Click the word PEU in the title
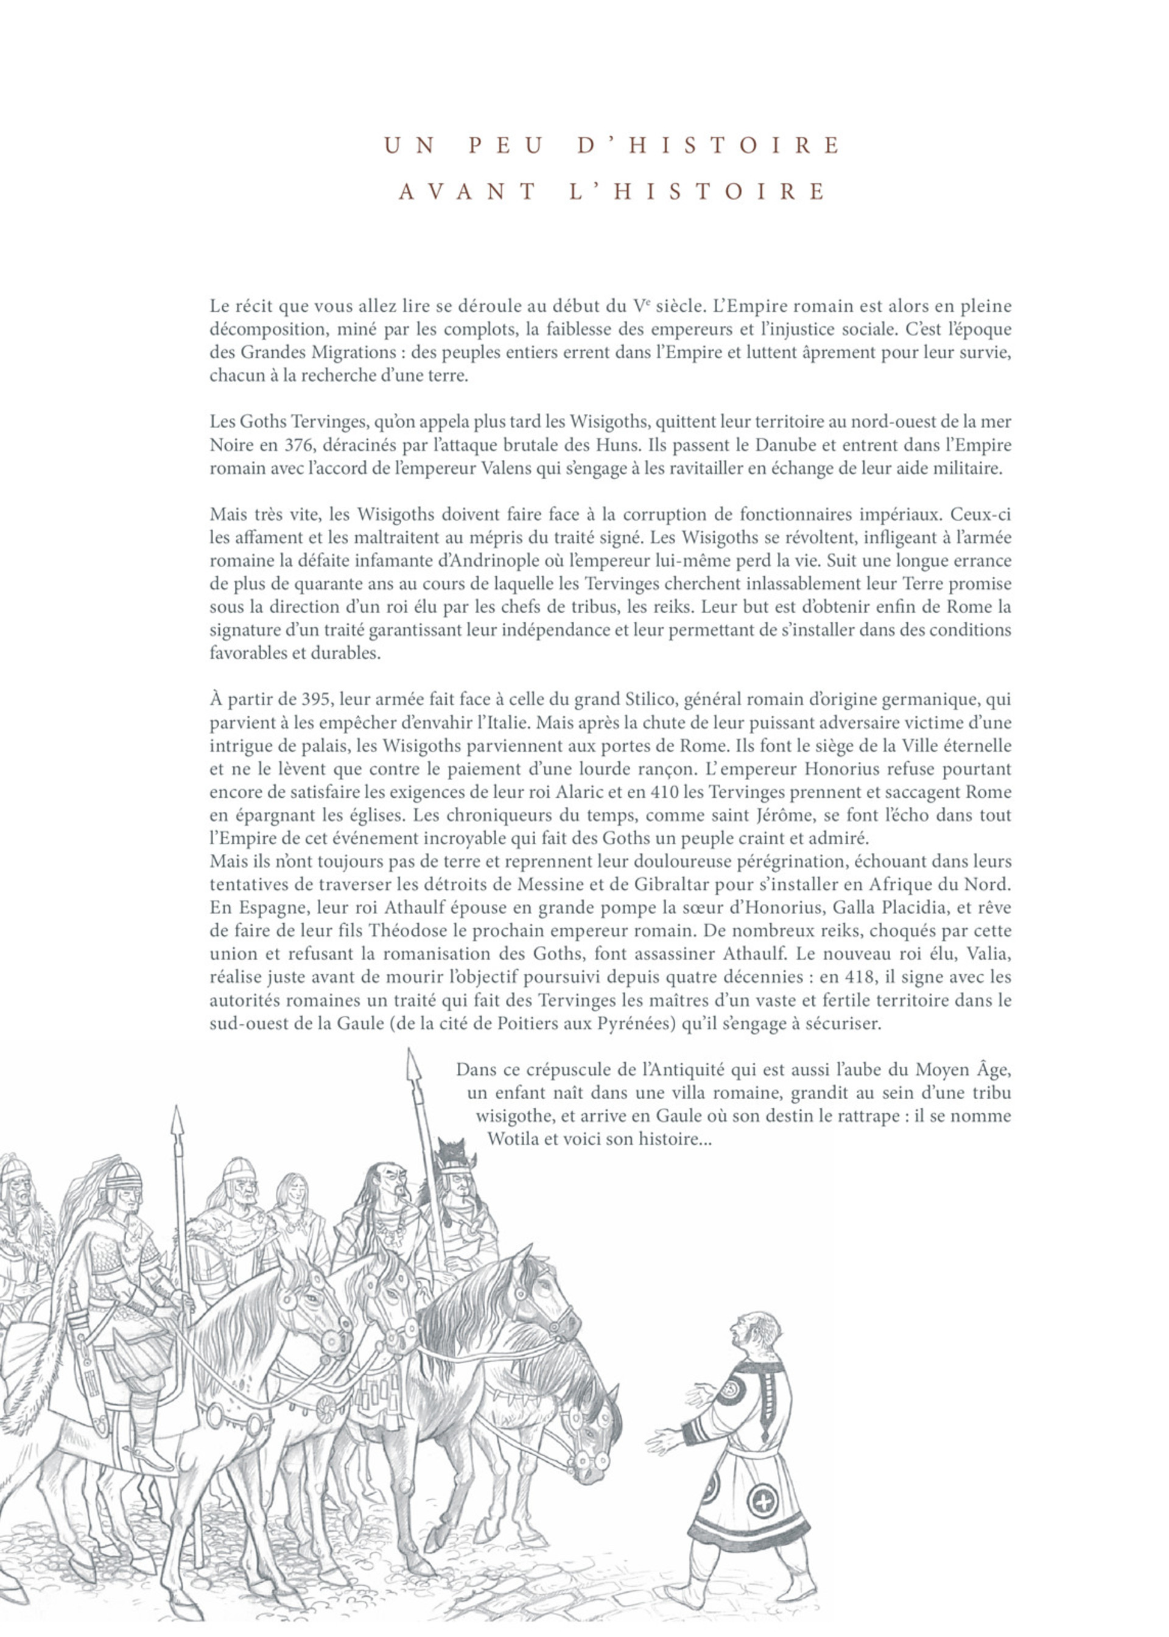coord(505,146)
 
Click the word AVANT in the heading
coord(467,192)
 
